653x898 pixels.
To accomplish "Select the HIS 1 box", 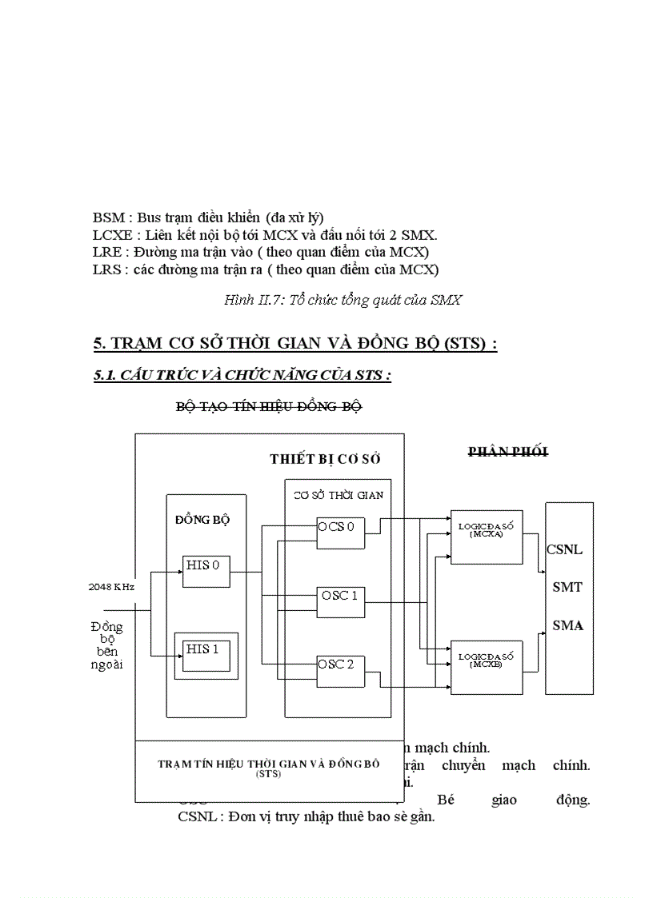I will point(206,654).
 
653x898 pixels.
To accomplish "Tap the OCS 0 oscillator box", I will point(341,532).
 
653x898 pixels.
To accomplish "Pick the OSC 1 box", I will point(341,601).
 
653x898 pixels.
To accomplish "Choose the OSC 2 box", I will point(341,669).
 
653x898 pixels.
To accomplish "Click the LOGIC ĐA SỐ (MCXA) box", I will point(487,537).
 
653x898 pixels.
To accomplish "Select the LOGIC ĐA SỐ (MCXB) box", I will point(487,666).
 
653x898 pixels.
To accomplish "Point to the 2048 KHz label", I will point(111,586).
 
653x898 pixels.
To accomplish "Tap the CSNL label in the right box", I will point(564,550).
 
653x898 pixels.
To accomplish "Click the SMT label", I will point(567,587).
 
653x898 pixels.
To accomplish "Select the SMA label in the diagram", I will point(567,625).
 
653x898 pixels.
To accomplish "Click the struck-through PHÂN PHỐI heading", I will point(507,452).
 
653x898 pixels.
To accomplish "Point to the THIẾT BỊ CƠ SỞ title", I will point(325,459).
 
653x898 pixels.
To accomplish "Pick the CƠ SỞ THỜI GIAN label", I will point(338,495).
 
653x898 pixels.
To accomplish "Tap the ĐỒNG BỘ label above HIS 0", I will point(202,519).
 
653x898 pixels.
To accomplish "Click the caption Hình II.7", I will point(343,300).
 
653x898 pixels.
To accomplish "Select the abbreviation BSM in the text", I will point(108,218).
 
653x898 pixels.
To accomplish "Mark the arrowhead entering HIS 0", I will point(179,572).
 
